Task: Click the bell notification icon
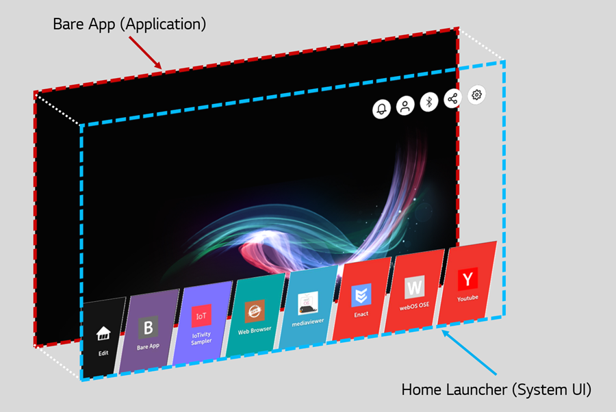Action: click(381, 109)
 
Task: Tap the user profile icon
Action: click(405, 105)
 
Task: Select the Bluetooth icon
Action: click(429, 102)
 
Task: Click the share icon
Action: click(452, 98)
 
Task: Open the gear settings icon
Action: click(476, 94)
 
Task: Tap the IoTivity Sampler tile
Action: click(201, 323)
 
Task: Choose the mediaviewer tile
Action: click(308, 307)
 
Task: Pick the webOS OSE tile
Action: click(415, 291)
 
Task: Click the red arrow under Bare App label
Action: click(145, 53)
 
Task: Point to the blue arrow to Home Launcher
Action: click(469, 352)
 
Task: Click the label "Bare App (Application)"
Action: click(129, 25)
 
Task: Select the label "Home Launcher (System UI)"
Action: click(496, 389)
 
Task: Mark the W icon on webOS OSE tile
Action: click(415, 287)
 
